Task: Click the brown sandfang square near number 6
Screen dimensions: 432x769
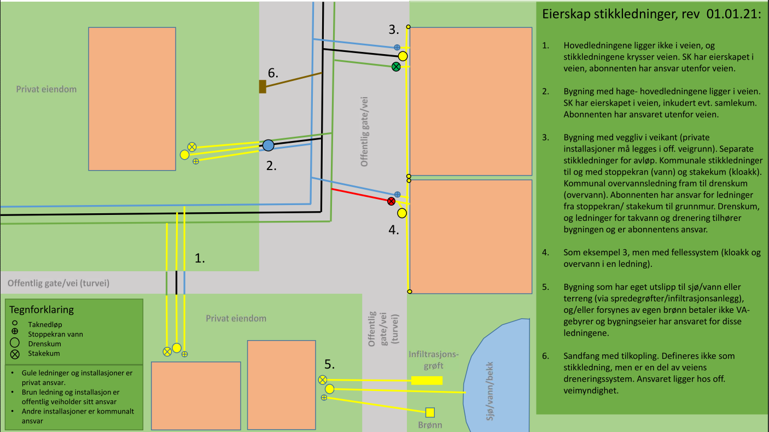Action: pyautogui.click(x=263, y=86)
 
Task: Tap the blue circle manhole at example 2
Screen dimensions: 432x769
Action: pyautogui.click(x=268, y=145)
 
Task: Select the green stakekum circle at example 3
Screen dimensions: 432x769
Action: pyautogui.click(x=396, y=67)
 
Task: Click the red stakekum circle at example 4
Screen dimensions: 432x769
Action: pyautogui.click(x=391, y=201)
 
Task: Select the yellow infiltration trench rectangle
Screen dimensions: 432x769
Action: pyautogui.click(x=427, y=381)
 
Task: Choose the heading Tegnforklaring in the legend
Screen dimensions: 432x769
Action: pyautogui.click(x=42, y=310)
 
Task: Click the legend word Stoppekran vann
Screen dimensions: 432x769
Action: pyautogui.click(x=55, y=334)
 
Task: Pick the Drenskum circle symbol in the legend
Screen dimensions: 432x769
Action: pyautogui.click(x=15, y=343)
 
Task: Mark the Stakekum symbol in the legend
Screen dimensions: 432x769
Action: pyautogui.click(x=15, y=353)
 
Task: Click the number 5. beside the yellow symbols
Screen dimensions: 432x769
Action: pyautogui.click(x=329, y=363)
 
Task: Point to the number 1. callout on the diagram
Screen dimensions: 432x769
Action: pyautogui.click(x=200, y=259)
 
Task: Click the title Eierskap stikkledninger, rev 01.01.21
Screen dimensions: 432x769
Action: pyautogui.click(x=651, y=15)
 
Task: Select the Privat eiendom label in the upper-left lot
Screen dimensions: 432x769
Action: pyautogui.click(x=46, y=89)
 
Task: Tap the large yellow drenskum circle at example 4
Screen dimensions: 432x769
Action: pyautogui.click(x=403, y=213)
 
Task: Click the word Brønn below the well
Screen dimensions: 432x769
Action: pyautogui.click(x=430, y=425)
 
